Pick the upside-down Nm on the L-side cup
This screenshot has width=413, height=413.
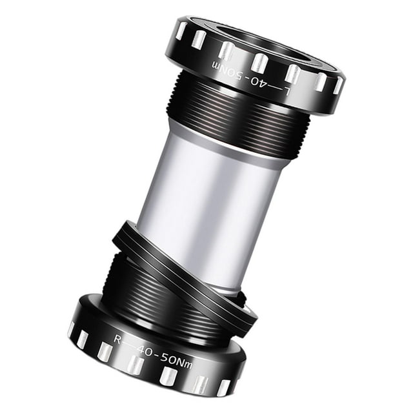pyautogui.click(x=222, y=68)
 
